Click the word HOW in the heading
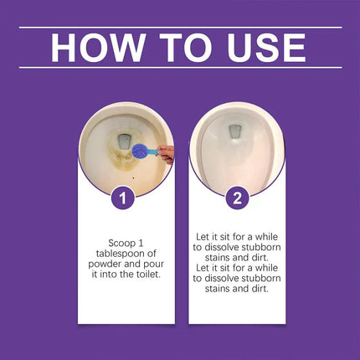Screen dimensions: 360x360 click(98, 48)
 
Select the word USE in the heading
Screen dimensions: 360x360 click(266, 48)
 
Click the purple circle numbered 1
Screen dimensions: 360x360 click(123, 198)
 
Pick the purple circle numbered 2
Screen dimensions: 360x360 click(237, 198)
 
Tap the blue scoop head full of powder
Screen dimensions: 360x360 click(141, 152)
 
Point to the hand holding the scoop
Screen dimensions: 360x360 click(167, 153)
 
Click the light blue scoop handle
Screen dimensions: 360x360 click(153, 152)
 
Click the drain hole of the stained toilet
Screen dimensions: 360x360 click(123, 141)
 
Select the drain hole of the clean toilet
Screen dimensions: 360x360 click(235, 132)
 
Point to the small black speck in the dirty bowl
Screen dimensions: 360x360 click(134, 177)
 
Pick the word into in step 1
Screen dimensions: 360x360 click(109, 275)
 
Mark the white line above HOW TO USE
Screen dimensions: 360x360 click(181, 28)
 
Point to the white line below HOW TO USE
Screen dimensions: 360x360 click(181, 68)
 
